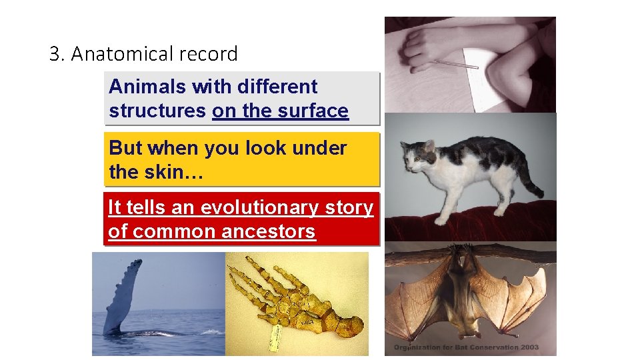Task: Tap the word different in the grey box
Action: click(275, 87)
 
